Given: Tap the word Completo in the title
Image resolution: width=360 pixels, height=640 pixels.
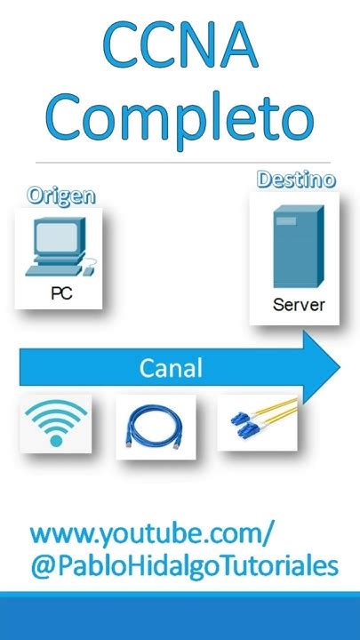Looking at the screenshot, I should click(180, 118).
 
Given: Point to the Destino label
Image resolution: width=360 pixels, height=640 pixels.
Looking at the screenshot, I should click(296, 180).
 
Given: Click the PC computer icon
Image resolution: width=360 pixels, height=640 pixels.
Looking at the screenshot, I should click(59, 248).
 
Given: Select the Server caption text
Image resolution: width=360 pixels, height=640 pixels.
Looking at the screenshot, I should click(299, 305).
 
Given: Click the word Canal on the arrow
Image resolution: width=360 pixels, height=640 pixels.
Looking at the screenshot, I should click(171, 367).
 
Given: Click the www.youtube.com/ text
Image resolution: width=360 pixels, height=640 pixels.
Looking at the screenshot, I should click(151, 534).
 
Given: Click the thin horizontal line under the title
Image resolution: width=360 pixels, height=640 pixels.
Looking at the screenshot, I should click(180, 162).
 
